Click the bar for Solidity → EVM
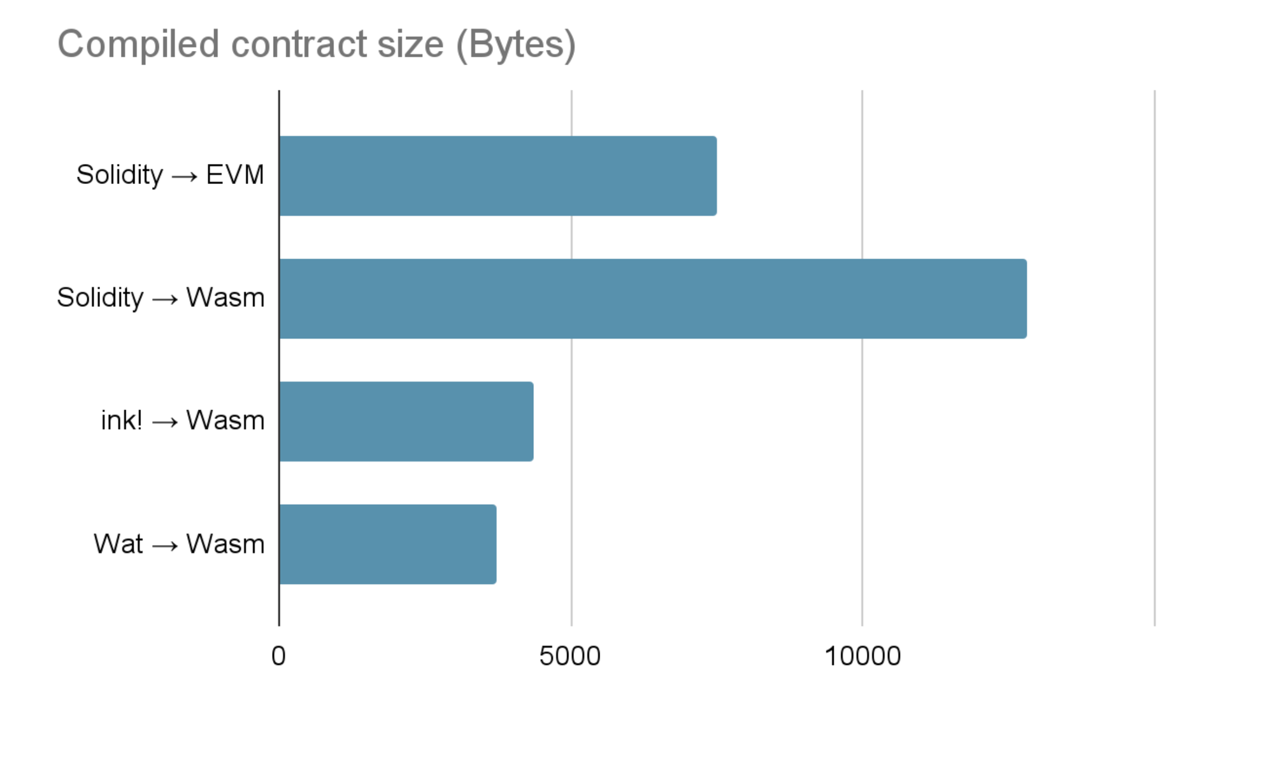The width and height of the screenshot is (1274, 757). click(x=497, y=176)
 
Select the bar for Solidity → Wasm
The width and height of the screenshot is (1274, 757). click(x=652, y=299)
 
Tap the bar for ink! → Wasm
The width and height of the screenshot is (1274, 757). click(x=406, y=421)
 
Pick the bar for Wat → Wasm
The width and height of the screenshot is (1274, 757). click(x=387, y=544)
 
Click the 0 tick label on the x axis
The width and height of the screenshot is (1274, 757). click(x=278, y=656)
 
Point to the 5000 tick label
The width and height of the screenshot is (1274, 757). click(x=570, y=656)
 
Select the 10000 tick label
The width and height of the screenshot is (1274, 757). click(x=862, y=656)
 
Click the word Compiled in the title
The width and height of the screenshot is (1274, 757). click(x=138, y=45)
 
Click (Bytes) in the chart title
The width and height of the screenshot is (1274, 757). click(x=516, y=45)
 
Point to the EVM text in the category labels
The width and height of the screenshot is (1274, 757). click(x=235, y=175)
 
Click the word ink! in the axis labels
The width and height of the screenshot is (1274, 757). click(x=122, y=421)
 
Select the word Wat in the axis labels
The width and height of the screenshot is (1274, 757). click(x=118, y=544)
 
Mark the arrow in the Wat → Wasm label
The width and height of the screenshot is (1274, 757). click(x=165, y=546)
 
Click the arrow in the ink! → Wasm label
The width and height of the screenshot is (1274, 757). click(x=165, y=422)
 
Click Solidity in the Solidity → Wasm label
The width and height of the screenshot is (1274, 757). click(x=101, y=298)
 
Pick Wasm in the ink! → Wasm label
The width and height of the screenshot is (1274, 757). click(x=225, y=421)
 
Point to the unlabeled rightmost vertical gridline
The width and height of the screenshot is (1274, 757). click(x=1154, y=357)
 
